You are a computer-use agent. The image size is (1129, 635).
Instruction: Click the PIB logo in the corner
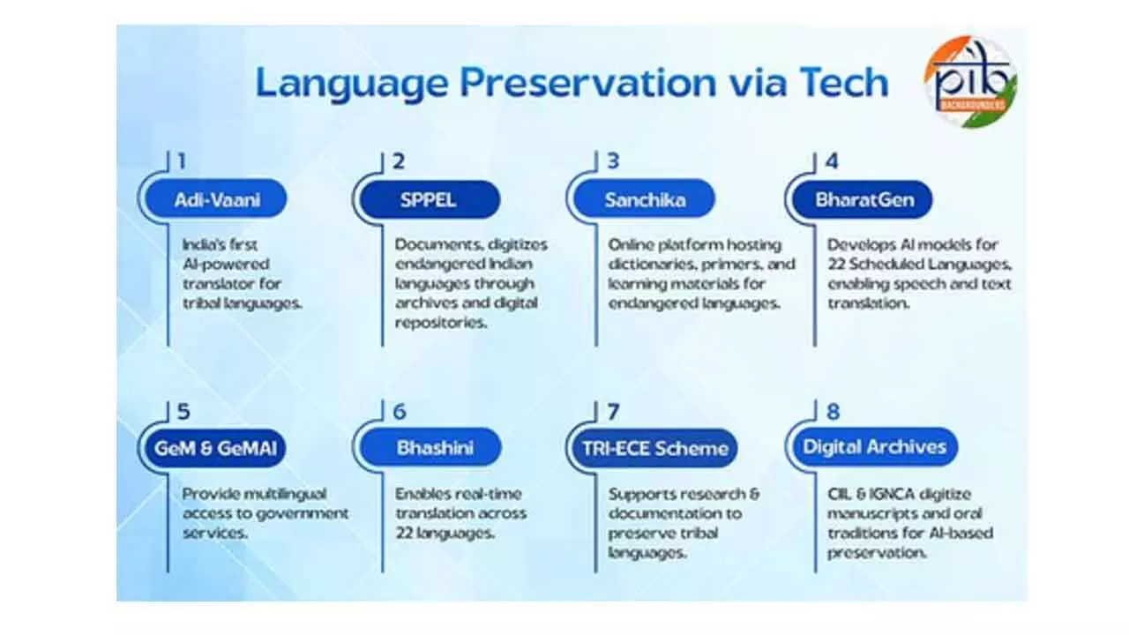(x=970, y=81)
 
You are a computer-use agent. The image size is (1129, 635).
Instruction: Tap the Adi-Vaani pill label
(x=216, y=200)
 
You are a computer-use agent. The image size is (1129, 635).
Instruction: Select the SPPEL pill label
(x=430, y=200)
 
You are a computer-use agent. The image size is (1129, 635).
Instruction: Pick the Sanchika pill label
(x=645, y=200)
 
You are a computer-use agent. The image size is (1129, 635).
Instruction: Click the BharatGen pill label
(x=864, y=200)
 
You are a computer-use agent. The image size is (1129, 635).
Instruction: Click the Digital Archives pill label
(x=873, y=448)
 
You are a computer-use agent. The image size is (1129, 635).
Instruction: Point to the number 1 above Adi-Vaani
(x=181, y=161)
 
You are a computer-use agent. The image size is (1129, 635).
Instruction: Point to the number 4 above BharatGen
(x=831, y=161)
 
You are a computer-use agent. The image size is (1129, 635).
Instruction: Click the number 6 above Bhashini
(x=400, y=411)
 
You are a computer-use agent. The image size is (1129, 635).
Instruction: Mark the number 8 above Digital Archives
(x=833, y=411)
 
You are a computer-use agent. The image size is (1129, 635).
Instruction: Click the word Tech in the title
(x=843, y=83)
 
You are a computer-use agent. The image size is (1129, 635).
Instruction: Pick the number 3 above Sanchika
(x=613, y=161)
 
